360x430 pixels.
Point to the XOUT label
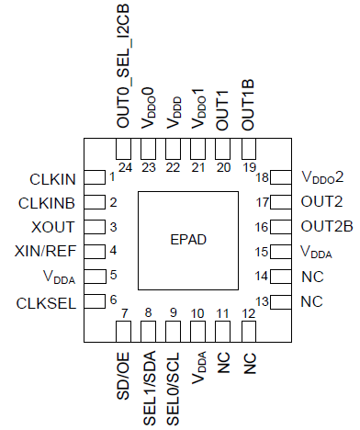point(60,227)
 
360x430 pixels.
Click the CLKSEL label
point(52,301)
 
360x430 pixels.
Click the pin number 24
point(124,167)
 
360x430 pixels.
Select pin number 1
point(112,177)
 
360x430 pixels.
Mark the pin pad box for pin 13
point(271,301)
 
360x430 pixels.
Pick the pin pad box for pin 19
point(248,149)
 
